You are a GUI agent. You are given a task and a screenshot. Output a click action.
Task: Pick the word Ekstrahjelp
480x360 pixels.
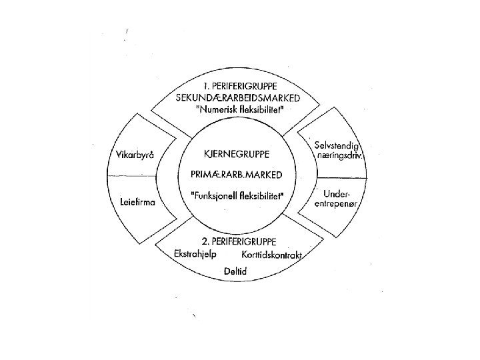(x=198, y=255)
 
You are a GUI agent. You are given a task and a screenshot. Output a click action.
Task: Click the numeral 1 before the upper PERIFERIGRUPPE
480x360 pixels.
(x=205, y=86)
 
